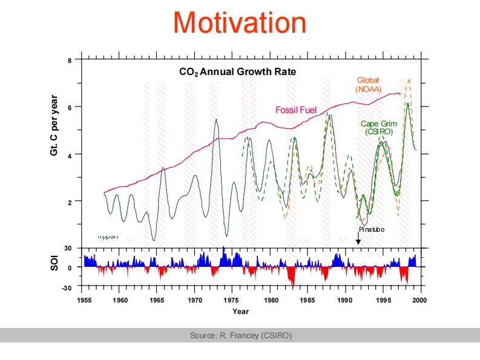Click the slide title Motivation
pyautogui.click(x=240, y=23)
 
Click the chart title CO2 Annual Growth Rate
pyautogui.click(x=237, y=71)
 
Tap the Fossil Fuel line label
pyautogui.click(x=296, y=110)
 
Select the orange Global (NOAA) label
pyautogui.click(x=369, y=85)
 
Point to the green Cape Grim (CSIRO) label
pyautogui.click(x=379, y=128)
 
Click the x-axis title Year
pyautogui.click(x=240, y=311)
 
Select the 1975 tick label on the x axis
pyautogui.click(x=232, y=299)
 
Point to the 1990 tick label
pyautogui.click(x=345, y=299)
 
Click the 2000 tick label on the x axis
pyautogui.click(x=420, y=299)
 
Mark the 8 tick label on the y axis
pyautogui.click(x=70, y=61)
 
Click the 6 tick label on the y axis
pyautogui.click(x=70, y=108)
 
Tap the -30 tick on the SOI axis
pyautogui.click(x=67, y=287)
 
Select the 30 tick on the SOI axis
pyautogui.click(x=68, y=248)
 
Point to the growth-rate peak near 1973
pyautogui.click(x=216, y=120)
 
